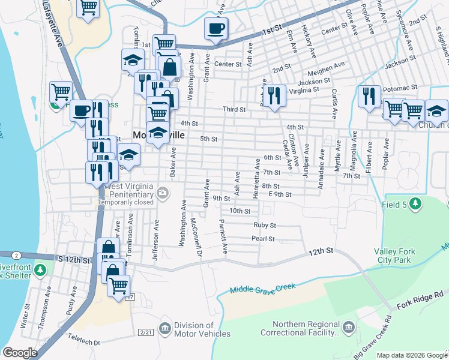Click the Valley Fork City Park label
392,256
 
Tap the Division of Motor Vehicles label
202,330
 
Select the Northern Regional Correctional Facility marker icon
349,327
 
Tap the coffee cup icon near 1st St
215,28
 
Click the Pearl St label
263,239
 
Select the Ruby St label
264,226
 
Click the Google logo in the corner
20,352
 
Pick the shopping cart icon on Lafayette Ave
88,8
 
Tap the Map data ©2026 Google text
411,355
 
